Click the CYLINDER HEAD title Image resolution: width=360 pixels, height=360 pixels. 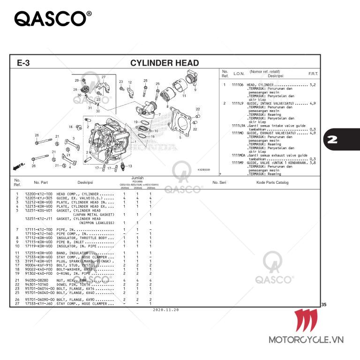[x=164, y=63]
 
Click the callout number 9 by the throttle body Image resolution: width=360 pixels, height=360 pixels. [x=195, y=90]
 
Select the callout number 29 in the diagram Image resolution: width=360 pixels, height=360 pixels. [x=77, y=81]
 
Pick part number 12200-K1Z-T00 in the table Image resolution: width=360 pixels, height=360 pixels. [x=38, y=194]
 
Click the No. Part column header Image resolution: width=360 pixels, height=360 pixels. [x=41, y=182]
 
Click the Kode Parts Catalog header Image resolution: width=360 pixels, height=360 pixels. [x=272, y=182]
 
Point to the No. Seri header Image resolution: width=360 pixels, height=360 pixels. [x=219, y=182]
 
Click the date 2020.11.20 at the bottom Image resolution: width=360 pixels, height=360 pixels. [x=165, y=310]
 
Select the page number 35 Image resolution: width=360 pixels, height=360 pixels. [x=324, y=305]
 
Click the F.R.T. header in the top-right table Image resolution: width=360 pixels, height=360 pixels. [x=313, y=74]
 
